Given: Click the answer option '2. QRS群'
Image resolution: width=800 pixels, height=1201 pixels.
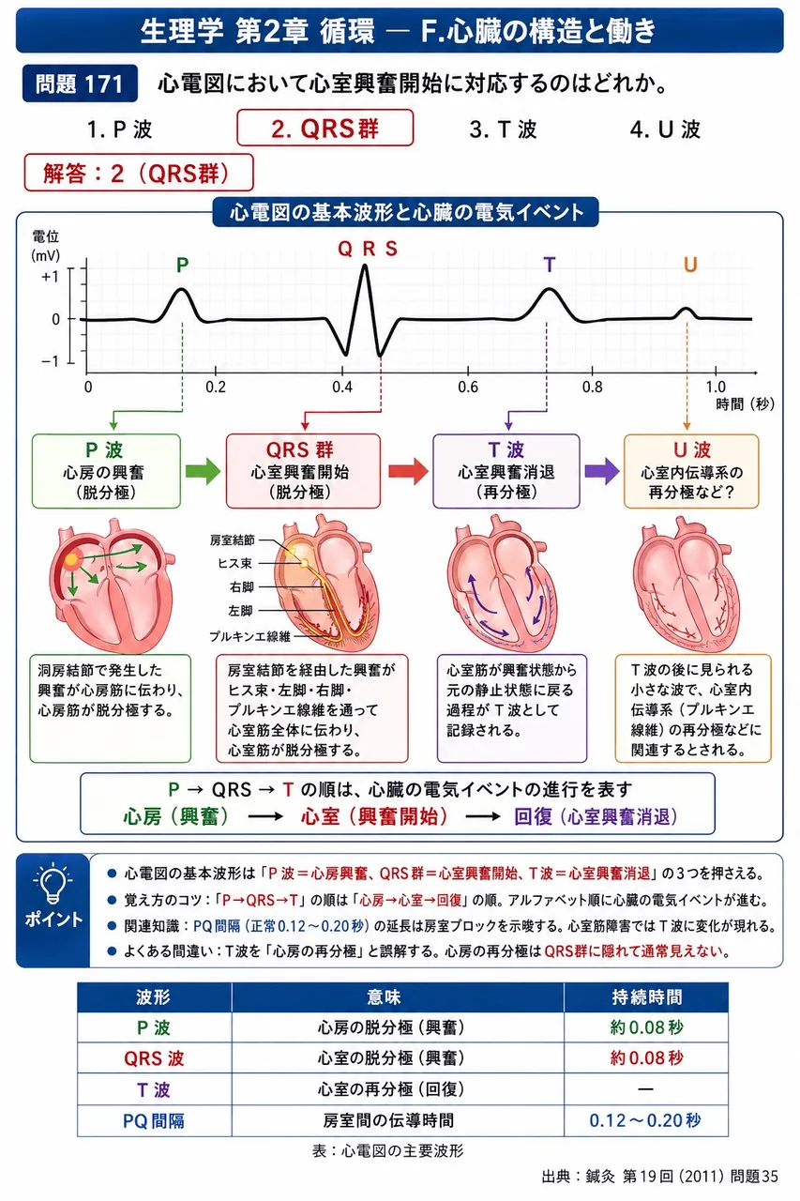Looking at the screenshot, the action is (325, 129).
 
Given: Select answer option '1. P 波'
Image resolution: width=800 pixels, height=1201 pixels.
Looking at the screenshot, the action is (119, 129).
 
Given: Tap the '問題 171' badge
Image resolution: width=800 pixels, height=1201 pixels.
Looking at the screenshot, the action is (80, 84).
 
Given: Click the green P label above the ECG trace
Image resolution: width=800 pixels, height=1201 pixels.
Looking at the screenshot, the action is (182, 265).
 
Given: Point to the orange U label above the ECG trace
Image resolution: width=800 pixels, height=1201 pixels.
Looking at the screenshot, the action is (690, 265).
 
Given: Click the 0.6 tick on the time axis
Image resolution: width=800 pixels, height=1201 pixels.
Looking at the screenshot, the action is (468, 388).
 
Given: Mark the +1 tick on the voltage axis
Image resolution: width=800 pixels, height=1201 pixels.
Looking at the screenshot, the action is (51, 277).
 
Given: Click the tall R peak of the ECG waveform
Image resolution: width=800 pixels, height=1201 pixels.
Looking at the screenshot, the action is (365, 266).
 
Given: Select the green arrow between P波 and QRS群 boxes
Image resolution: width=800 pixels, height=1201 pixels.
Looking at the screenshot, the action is (204, 471).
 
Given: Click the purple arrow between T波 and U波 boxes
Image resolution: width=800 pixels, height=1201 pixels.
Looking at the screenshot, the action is (602, 471).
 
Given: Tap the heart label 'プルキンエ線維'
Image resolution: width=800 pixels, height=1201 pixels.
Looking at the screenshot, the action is (250, 636).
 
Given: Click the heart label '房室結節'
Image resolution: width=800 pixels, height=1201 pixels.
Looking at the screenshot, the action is (232, 540).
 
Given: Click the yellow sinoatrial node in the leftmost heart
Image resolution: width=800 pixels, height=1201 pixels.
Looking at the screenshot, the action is (71, 560).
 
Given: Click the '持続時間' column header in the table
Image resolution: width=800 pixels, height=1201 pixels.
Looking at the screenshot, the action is (647, 996).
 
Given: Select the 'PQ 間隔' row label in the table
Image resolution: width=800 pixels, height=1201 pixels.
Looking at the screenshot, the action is (154, 1120).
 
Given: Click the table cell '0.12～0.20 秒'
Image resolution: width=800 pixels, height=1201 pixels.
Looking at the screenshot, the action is (645, 1120).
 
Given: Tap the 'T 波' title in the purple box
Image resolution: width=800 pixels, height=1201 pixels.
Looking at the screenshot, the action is (506, 449).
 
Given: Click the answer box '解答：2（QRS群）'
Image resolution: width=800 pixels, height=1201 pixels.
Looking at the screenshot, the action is (139, 173).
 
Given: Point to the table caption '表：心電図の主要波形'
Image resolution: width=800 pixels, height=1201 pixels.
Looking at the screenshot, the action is (388, 1151).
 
